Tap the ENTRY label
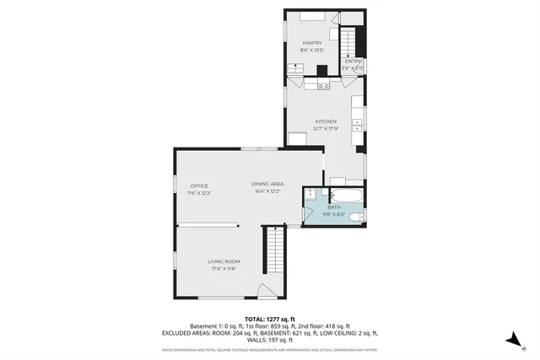tap(352, 61)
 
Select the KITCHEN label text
tap(326, 121)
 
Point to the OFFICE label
tap(199, 185)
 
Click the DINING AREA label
tap(267, 184)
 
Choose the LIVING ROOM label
tap(224, 261)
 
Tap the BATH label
tap(334, 207)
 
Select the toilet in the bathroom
tap(358, 218)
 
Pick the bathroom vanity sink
tap(310, 195)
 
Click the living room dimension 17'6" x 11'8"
tap(224, 270)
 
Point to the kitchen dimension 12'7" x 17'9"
tap(326, 129)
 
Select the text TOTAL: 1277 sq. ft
tap(269, 320)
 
